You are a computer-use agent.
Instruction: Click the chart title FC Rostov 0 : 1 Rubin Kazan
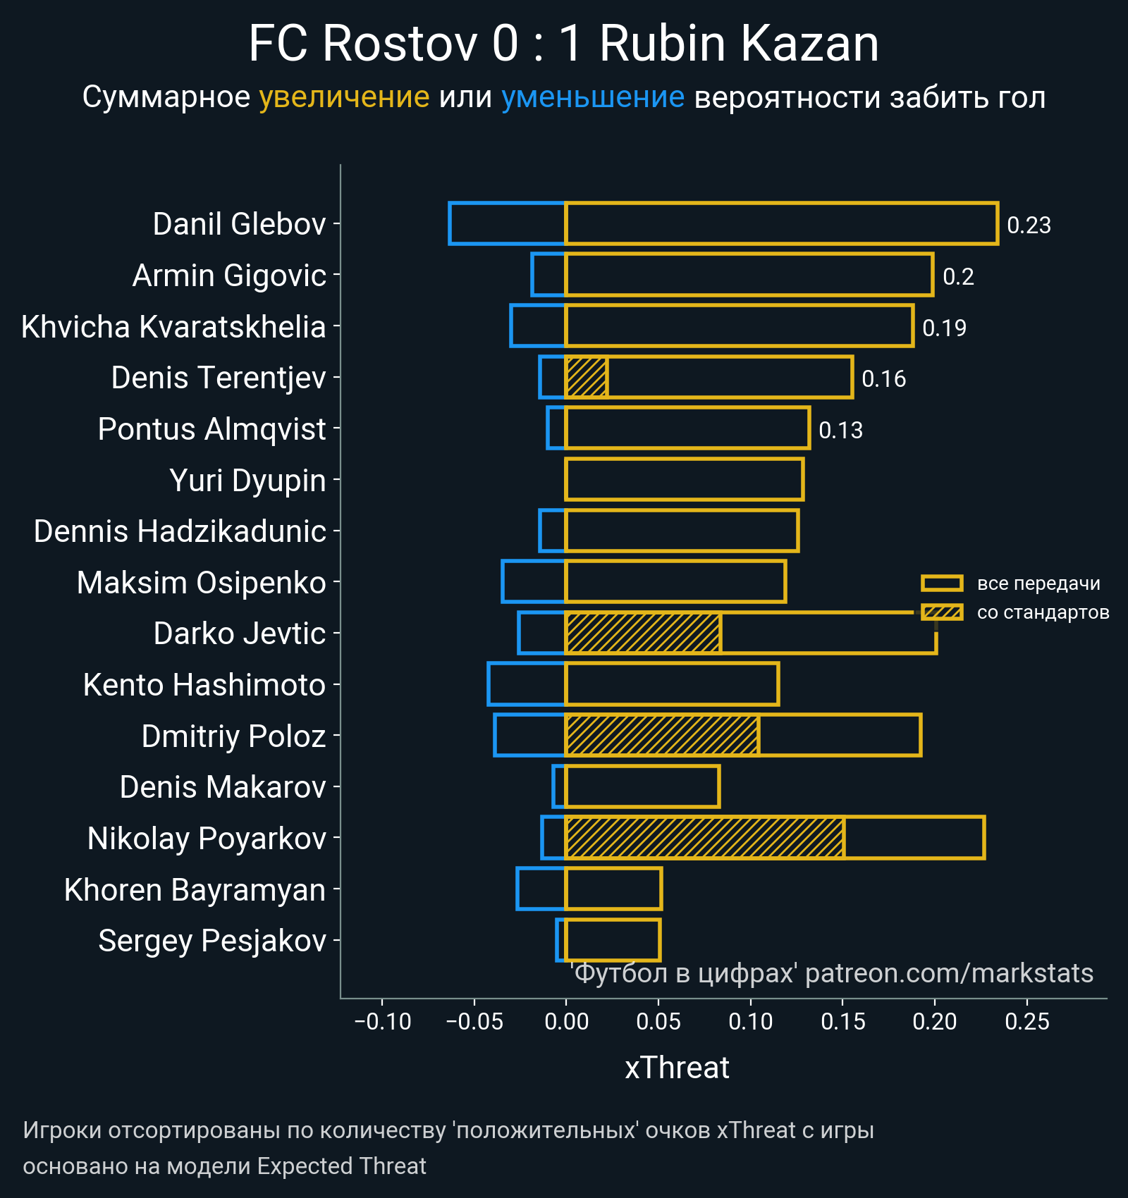tap(563, 44)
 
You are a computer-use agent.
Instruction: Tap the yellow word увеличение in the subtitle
tap(344, 97)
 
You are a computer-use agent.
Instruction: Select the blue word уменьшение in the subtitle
tap(592, 97)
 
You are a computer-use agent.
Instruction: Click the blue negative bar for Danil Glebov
tap(507, 223)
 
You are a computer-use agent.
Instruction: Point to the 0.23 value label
tap(1029, 226)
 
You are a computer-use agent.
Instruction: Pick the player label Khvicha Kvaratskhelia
tap(173, 327)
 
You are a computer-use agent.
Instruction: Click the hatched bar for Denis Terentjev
tap(586, 377)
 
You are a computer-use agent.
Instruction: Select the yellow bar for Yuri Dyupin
tap(684, 479)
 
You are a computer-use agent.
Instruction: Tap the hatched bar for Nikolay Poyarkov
tap(704, 837)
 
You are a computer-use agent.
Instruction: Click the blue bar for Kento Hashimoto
tap(527, 684)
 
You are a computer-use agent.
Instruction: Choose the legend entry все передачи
tap(1038, 583)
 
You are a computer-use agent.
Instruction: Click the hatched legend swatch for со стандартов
tap(942, 612)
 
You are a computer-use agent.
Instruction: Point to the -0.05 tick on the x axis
tap(474, 1021)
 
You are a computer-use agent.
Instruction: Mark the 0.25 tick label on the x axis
tap(1027, 1021)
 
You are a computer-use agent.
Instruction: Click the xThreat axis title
tap(677, 1068)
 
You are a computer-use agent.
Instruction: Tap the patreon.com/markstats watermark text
tap(949, 973)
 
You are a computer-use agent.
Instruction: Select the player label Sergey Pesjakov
tap(212, 941)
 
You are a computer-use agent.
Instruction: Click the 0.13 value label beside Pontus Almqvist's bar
tap(840, 430)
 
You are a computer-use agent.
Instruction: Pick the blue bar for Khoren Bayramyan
tap(541, 889)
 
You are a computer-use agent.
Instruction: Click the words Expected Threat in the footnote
tap(341, 1166)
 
